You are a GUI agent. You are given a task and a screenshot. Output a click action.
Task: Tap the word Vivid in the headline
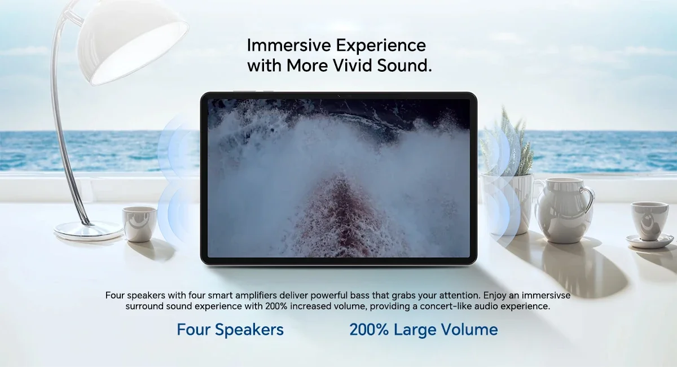[x=353, y=65]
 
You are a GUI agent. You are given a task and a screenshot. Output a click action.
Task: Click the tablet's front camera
[x=339, y=96]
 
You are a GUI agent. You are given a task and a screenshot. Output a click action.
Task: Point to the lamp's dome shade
[x=133, y=42]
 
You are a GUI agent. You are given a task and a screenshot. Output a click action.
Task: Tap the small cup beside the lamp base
[x=140, y=224]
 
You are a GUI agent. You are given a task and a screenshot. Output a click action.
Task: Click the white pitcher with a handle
[x=564, y=210]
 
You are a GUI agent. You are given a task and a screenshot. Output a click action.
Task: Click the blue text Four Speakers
[x=230, y=330]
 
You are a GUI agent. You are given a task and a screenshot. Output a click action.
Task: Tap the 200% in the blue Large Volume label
[x=369, y=330]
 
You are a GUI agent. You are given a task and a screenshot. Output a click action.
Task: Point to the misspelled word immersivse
[x=546, y=295]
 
